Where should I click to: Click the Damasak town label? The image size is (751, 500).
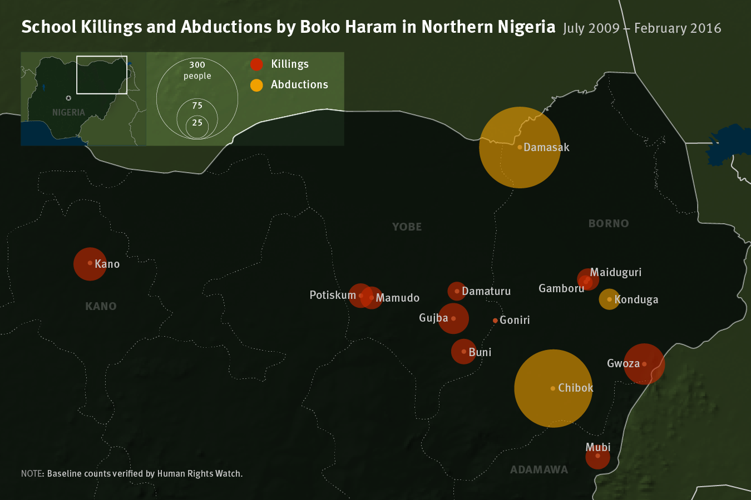[546, 147]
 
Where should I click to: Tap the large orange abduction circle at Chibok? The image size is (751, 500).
[553, 388]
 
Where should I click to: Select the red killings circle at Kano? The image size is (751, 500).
[90, 263]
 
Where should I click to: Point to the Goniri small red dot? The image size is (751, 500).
[495, 321]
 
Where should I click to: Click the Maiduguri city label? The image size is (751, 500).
[615, 272]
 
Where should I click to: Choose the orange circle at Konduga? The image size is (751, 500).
[609, 299]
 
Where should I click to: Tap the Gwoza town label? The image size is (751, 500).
[623, 363]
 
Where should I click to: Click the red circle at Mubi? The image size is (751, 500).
[597, 457]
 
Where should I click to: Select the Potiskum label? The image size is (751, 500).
[333, 295]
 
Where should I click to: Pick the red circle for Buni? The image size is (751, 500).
[463, 352]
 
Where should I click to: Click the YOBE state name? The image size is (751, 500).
[407, 227]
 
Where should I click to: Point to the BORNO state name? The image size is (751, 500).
[609, 223]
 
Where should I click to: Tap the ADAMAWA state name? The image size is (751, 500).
[539, 470]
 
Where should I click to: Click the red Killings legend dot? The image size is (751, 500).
[256, 64]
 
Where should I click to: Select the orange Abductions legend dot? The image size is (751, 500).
[256, 85]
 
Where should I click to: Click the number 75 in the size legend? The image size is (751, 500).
[197, 106]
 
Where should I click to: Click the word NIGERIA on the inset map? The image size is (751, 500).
[68, 112]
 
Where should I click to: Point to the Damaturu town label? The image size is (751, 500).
[486, 291]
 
